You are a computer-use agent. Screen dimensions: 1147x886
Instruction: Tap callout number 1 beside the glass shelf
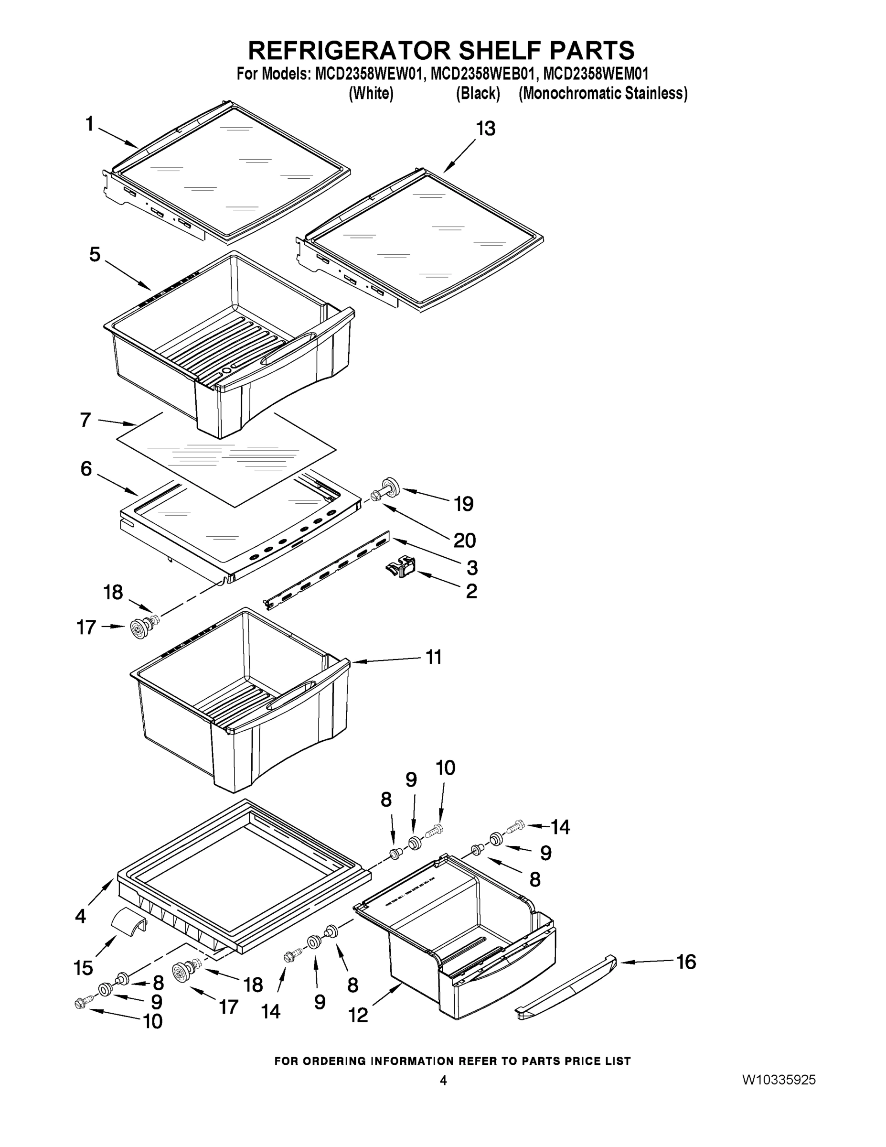click(x=89, y=124)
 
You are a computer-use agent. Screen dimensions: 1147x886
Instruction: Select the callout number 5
click(x=95, y=255)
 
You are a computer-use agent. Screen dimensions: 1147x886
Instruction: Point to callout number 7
click(x=85, y=420)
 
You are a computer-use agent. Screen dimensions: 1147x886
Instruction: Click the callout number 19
click(x=463, y=504)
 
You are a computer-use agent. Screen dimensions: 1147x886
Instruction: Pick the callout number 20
click(x=465, y=540)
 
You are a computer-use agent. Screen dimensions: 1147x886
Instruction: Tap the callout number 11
click(x=433, y=657)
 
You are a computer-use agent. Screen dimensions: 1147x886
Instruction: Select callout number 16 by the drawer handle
click(x=686, y=962)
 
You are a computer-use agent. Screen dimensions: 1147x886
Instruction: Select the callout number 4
click(x=80, y=916)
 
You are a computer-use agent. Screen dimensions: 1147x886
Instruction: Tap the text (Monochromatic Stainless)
click(x=603, y=94)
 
